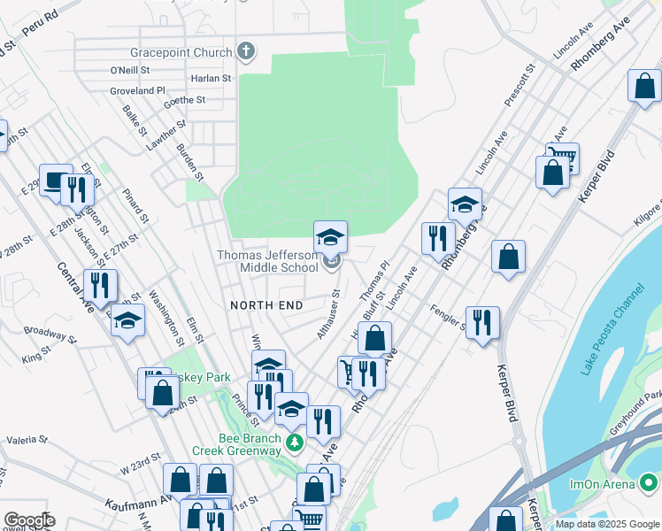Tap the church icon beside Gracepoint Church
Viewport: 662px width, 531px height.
pyautogui.click(x=247, y=51)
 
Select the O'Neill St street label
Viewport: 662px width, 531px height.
pyautogui.click(x=129, y=70)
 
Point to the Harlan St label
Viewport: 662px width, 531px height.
pyautogui.click(x=212, y=78)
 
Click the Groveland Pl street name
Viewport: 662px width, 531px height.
pyautogui.click(x=138, y=90)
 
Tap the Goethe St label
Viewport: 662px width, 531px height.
pyautogui.click(x=185, y=101)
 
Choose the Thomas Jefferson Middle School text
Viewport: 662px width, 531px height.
pyautogui.click(x=268, y=261)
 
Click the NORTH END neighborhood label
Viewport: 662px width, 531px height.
pyautogui.click(x=266, y=305)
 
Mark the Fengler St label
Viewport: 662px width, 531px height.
pyautogui.click(x=449, y=317)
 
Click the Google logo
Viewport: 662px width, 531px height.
pyautogui.click(x=28, y=520)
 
